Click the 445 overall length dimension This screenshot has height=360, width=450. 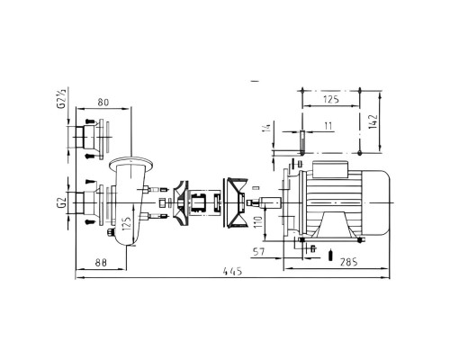[232, 271]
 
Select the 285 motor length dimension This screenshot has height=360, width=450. [349, 262]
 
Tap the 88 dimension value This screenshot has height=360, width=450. [101, 263]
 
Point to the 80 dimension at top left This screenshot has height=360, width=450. [103, 103]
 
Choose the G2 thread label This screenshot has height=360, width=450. [62, 202]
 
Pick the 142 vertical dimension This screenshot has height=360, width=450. [373, 121]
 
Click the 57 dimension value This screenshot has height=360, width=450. [259, 251]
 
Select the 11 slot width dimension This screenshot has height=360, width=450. [328, 126]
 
